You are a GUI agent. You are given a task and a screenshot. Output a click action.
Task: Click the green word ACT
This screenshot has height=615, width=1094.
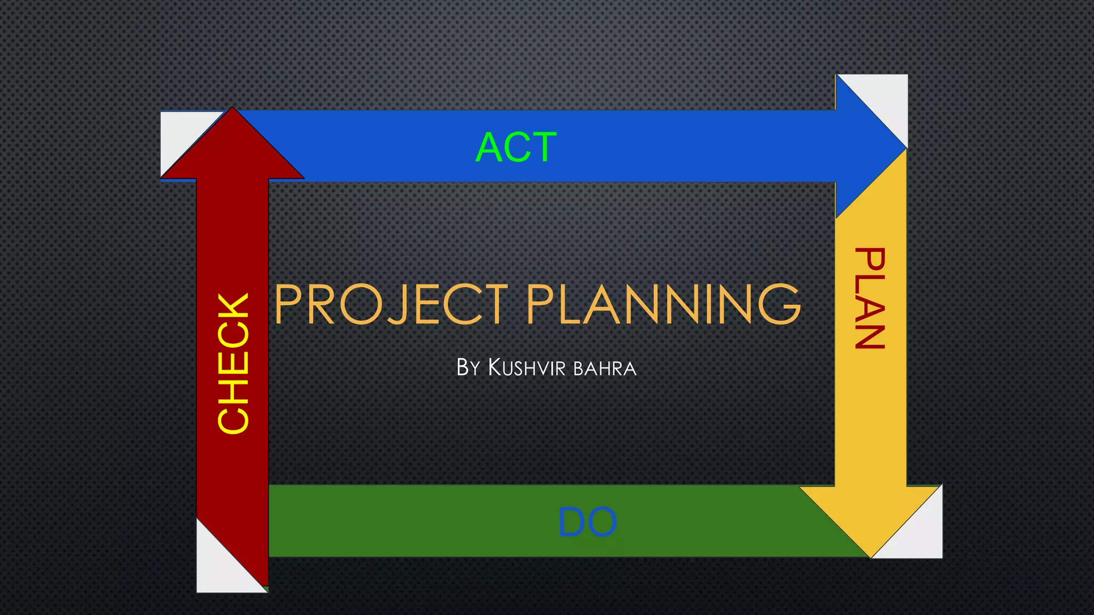[516, 147]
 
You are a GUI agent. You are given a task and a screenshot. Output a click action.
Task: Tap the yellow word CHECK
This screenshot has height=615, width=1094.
[233, 362]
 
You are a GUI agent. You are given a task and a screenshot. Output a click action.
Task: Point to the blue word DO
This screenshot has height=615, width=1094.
[587, 522]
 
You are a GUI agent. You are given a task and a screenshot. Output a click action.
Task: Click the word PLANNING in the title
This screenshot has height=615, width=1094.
[664, 304]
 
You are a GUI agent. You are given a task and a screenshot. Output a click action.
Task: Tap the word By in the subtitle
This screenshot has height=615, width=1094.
[468, 368]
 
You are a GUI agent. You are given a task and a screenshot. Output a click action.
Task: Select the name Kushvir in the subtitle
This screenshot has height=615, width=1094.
[527, 368]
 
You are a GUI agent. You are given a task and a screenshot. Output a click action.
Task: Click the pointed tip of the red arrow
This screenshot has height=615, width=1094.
[232, 109]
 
